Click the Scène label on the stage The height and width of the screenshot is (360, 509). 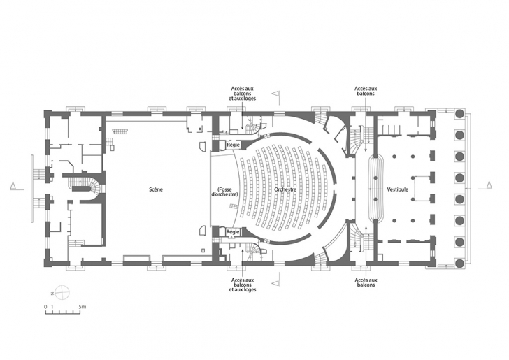(x=156, y=189)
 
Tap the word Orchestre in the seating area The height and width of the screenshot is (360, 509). (x=285, y=189)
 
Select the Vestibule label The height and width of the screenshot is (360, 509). (x=398, y=189)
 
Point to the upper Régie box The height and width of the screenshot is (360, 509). (x=233, y=145)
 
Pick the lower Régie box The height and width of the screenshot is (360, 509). (x=233, y=232)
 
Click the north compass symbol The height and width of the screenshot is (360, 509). (x=62, y=293)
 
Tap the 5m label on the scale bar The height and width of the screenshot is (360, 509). (x=83, y=306)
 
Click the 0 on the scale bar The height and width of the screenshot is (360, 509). (x=45, y=307)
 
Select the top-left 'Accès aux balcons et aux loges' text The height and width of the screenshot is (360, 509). (x=242, y=94)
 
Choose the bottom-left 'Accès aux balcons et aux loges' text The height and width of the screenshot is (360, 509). (x=242, y=285)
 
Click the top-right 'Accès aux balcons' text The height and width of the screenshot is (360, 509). (x=366, y=91)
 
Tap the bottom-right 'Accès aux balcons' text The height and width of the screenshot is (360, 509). (x=366, y=282)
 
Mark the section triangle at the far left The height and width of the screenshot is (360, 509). (x=13, y=185)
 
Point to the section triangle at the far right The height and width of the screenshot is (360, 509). (x=489, y=185)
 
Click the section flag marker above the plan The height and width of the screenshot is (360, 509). (x=275, y=94)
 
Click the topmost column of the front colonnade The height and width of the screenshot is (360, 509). (x=459, y=114)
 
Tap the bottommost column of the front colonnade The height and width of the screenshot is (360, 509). (x=459, y=264)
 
